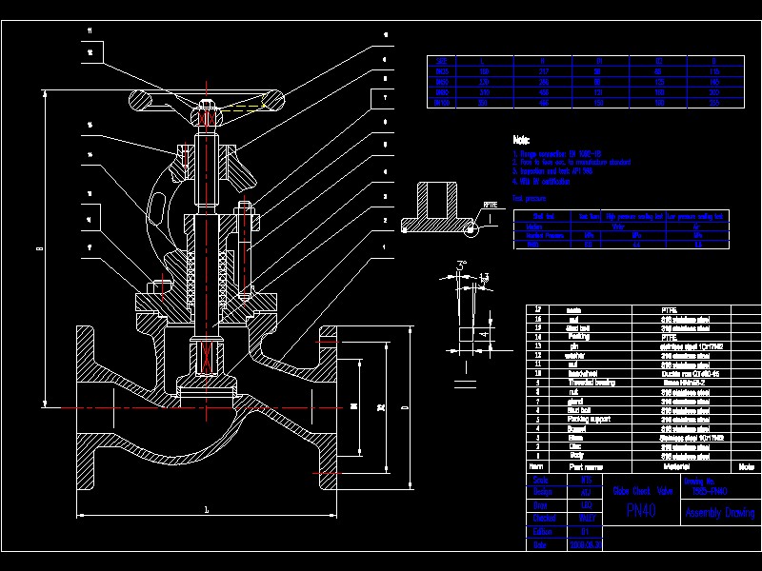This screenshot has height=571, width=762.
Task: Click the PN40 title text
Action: (x=640, y=511)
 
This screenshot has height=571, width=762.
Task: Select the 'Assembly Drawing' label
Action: (x=719, y=513)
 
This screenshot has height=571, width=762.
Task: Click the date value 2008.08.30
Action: (x=585, y=545)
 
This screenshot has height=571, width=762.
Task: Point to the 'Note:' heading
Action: (x=521, y=139)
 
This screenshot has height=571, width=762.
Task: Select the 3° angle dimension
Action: (x=462, y=264)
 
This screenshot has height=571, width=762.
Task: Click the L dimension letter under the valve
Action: (x=207, y=510)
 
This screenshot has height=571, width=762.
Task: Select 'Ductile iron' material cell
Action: (x=683, y=373)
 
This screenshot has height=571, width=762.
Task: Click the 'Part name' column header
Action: (x=587, y=466)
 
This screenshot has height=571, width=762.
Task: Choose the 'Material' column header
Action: (x=679, y=466)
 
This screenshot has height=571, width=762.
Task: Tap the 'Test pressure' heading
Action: (x=530, y=199)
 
